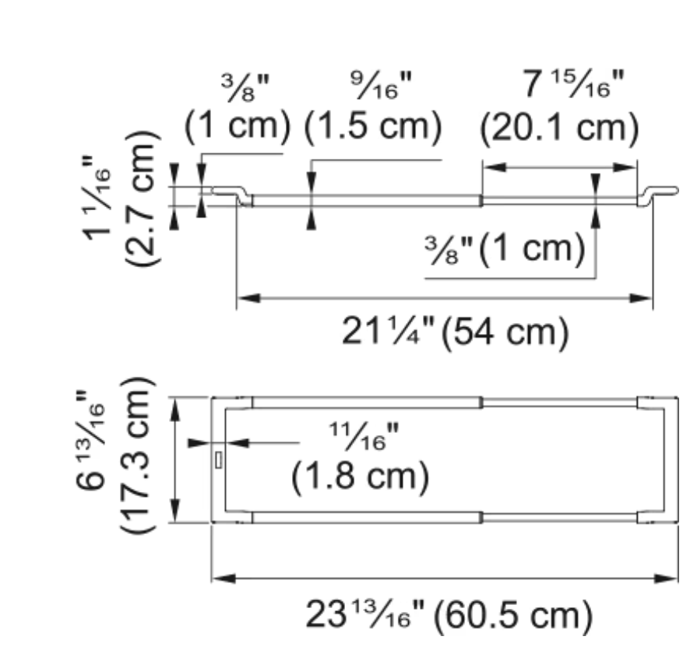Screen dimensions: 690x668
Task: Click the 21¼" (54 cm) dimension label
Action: pyautogui.click(x=455, y=332)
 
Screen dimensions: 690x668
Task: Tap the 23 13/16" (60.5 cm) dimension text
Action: pyautogui.click(x=449, y=615)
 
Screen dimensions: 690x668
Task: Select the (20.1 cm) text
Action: pyautogui.click(x=559, y=128)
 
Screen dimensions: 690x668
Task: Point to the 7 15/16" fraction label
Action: pyautogui.click(x=573, y=84)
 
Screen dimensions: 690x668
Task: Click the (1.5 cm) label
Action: pyautogui.click(x=373, y=127)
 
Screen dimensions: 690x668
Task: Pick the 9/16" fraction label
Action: pyautogui.click(x=381, y=85)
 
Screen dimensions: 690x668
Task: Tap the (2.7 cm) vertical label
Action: pyautogui.click(x=141, y=198)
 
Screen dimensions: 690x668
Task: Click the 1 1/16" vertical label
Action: pyautogui.click(x=97, y=198)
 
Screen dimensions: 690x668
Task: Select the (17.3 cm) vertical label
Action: pyautogui.click(x=137, y=455)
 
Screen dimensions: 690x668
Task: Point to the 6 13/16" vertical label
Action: pyautogui.click(x=90, y=440)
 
